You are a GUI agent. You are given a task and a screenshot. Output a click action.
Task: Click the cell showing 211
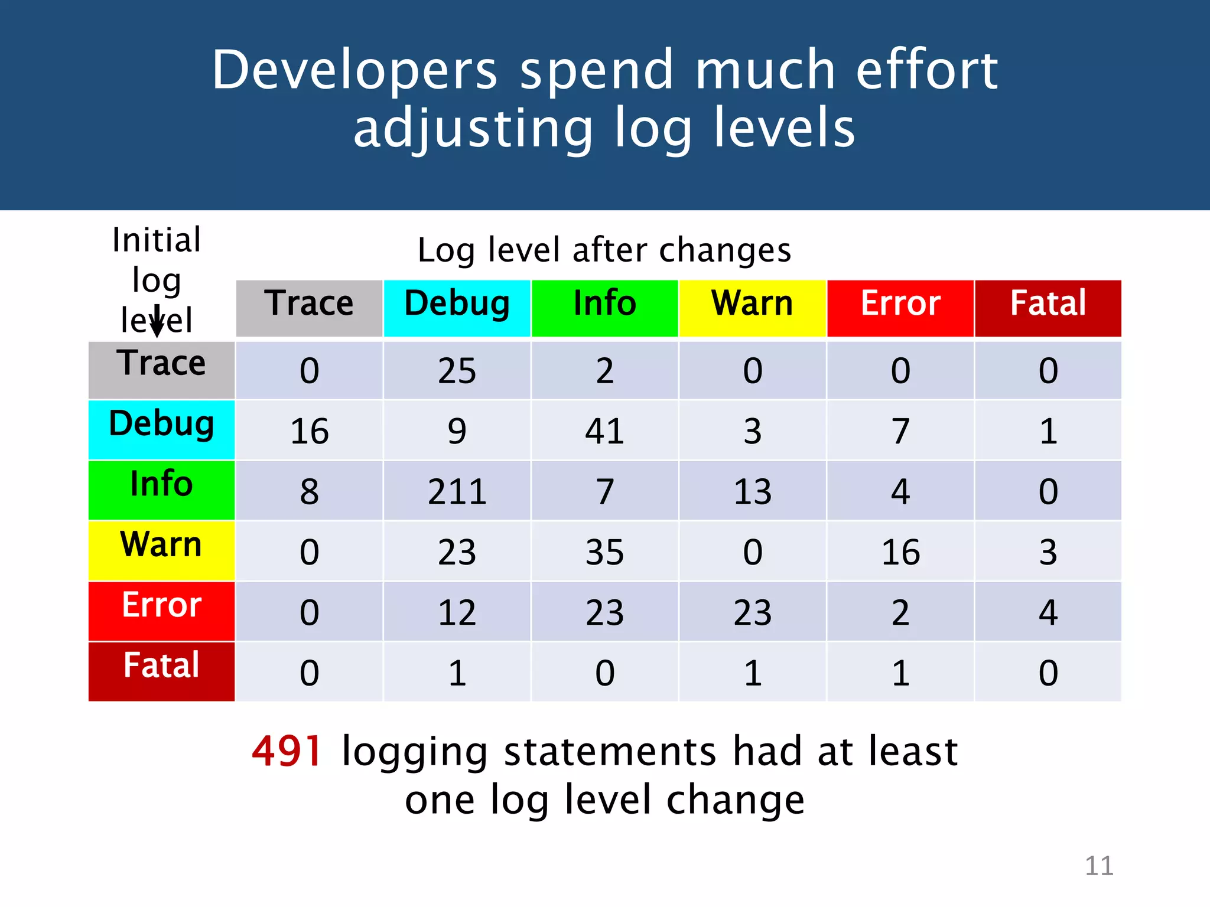(x=457, y=491)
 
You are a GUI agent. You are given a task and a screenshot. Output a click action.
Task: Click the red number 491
(x=287, y=752)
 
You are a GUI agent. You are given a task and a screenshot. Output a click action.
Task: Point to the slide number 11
(x=1099, y=866)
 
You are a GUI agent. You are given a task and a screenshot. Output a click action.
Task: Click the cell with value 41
(x=604, y=431)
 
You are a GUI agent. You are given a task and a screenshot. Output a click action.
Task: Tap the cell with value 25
(x=457, y=371)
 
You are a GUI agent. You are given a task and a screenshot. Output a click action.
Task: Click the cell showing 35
(x=604, y=552)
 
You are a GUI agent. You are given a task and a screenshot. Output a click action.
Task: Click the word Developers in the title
(x=354, y=71)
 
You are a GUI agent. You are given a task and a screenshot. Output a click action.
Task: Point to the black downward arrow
(x=157, y=322)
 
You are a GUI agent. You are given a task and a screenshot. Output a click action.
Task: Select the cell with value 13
(x=752, y=491)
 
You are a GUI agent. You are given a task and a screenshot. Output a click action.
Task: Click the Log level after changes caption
(x=604, y=250)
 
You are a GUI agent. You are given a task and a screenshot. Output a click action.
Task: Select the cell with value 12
(x=457, y=612)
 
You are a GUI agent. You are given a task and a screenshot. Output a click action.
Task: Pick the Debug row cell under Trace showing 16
(x=309, y=431)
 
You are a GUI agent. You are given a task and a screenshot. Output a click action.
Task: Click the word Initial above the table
(x=157, y=240)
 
